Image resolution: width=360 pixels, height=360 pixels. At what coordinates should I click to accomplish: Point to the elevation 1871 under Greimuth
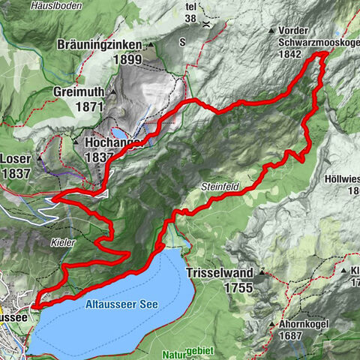click(x=88, y=107)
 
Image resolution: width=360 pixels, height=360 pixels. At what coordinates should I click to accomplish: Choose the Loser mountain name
click(x=15, y=158)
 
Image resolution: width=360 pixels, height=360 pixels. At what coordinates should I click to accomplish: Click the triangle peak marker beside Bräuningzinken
click(x=150, y=45)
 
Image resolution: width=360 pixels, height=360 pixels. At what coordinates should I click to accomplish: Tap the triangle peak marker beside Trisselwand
click(x=262, y=271)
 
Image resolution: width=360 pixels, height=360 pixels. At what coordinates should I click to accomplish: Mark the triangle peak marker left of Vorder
click(x=271, y=31)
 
